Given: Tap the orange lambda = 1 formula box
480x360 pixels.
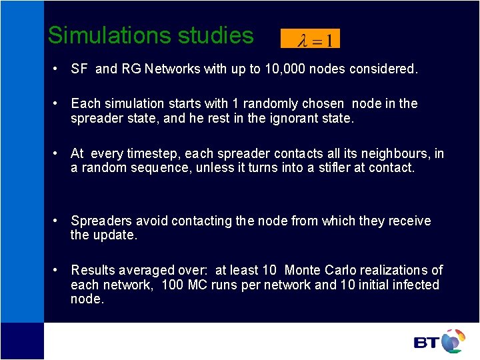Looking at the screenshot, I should [x=310, y=39].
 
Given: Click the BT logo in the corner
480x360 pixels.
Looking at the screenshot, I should [x=439, y=341].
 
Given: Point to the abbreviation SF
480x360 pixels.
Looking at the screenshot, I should [x=79, y=69].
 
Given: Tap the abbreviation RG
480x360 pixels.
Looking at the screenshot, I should [x=131, y=69].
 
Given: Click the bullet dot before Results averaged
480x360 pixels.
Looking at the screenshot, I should [x=57, y=270].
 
